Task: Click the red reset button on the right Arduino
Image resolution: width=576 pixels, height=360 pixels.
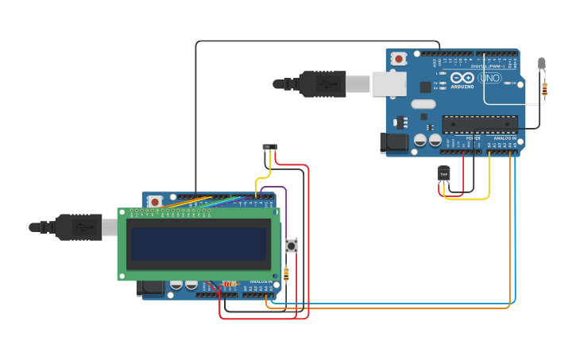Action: click(399, 58)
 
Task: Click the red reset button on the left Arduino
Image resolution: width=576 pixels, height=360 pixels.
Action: click(156, 200)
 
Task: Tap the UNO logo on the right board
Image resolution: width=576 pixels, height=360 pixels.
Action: click(489, 79)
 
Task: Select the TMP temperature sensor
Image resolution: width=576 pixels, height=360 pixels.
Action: click(443, 173)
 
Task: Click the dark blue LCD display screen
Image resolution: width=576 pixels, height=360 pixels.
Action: click(199, 244)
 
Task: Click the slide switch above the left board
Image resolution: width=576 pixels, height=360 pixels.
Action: click(270, 147)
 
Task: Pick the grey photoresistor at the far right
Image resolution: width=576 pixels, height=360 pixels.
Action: click(542, 63)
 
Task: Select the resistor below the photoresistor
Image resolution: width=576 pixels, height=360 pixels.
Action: click(543, 91)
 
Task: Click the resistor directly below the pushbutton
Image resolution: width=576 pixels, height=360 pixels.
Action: click(286, 274)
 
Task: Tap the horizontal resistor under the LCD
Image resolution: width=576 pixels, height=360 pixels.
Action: click(229, 284)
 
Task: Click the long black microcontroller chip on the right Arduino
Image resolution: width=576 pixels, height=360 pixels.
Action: click(480, 123)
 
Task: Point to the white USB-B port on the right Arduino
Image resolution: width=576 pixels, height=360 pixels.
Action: click(389, 83)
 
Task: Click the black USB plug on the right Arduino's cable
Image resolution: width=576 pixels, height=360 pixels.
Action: click(322, 83)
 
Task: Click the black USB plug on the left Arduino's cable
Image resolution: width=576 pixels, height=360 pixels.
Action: click(77, 226)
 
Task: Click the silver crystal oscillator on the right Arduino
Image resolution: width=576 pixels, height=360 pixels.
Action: click(423, 103)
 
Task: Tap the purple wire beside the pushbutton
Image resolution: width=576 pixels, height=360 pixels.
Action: click(284, 215)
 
